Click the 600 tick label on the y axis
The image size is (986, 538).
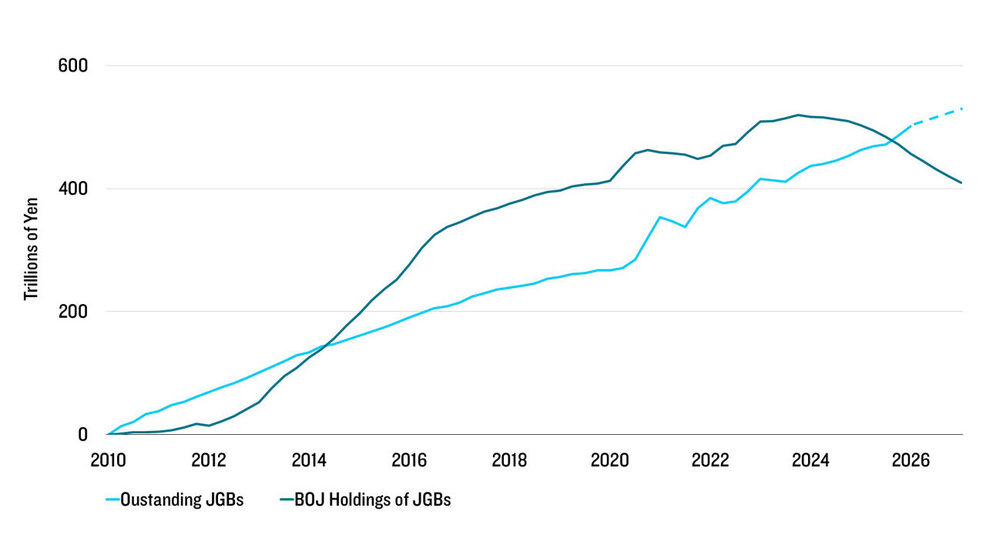coord(73,65)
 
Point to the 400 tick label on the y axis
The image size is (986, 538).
coord(73,189)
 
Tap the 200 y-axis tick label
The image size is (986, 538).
coord(73,312)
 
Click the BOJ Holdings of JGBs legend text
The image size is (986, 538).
coord(375,500)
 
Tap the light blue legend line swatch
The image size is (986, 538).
coord(113,500)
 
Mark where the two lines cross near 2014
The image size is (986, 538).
coord(325,345)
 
